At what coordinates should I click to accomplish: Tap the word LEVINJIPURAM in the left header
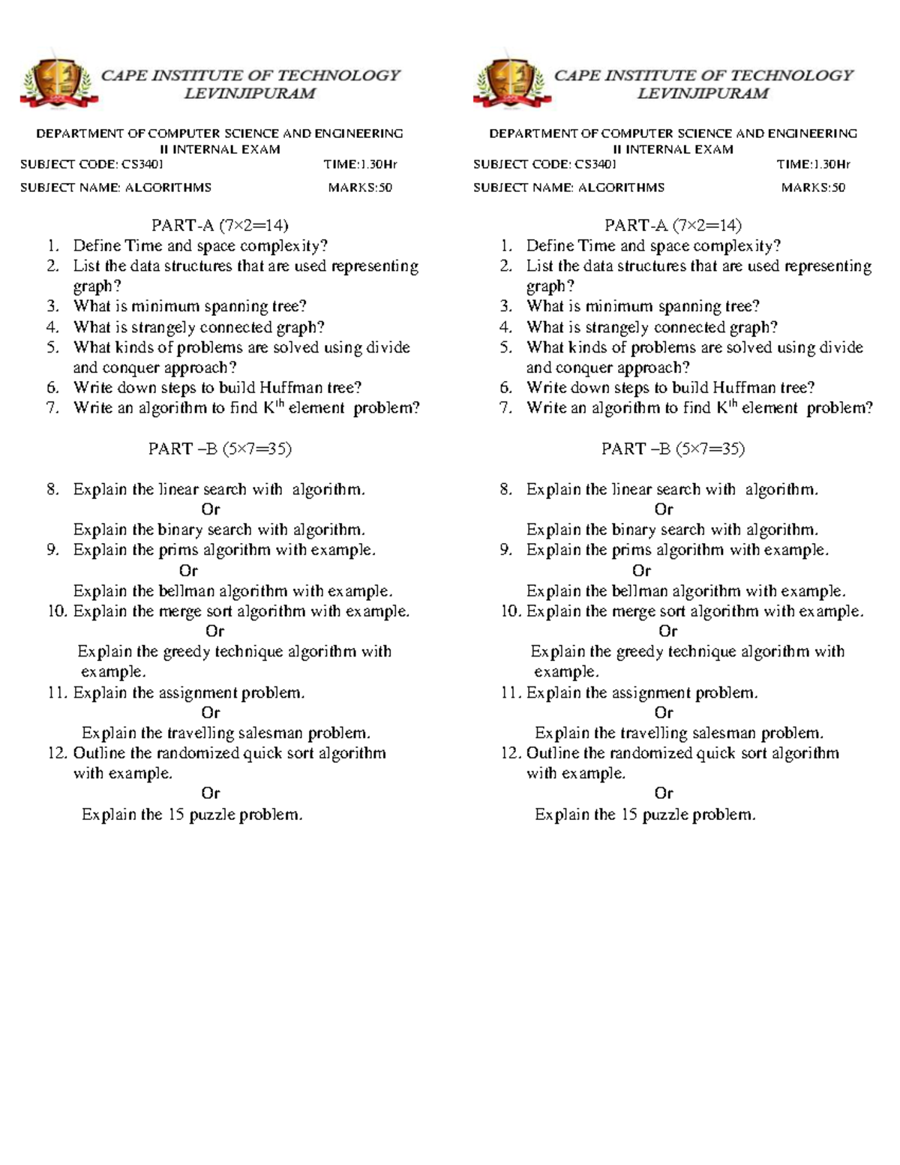[250, 94]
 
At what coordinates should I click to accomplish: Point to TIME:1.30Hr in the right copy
[813, 164]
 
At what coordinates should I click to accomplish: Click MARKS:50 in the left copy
[360, 188]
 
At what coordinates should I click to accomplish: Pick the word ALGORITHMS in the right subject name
[621, 188]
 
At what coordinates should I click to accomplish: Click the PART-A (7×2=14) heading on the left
[220, 225]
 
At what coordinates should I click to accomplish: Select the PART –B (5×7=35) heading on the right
[673, 449]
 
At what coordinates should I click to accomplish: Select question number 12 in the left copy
[57, 753]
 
